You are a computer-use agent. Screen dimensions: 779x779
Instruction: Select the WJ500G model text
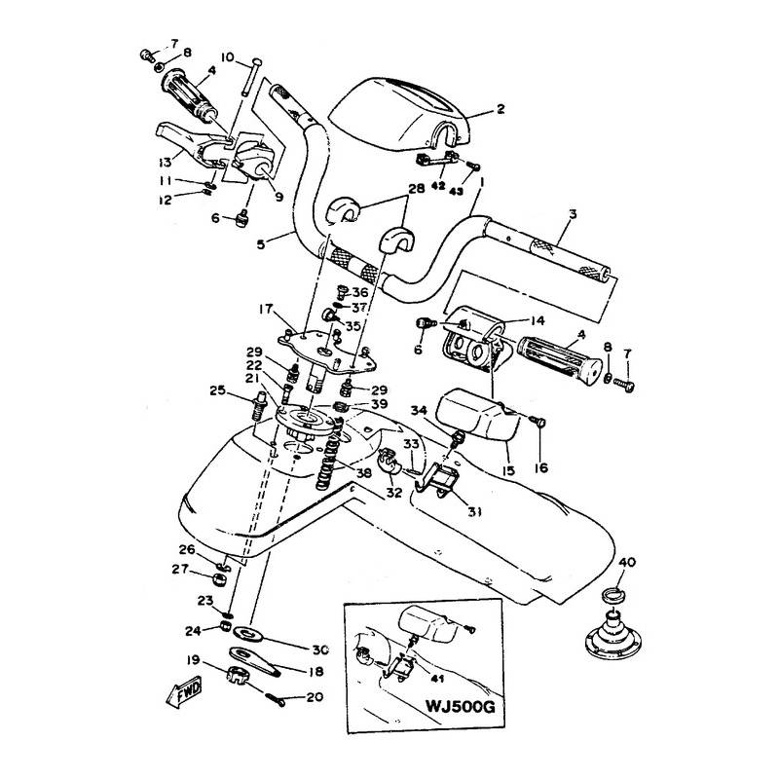click(x=460, y=706)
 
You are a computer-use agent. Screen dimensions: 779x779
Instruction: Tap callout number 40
click(x=627, y=563)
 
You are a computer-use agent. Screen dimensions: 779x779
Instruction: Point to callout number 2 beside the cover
click(x=501, y=108)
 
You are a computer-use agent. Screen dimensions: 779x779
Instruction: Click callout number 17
click(x=266, y=309)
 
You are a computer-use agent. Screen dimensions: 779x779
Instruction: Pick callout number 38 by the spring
click(x=363, y=473)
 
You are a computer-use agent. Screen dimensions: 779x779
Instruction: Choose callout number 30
click(x=320, y=649)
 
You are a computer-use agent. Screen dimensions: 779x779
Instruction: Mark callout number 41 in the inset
click(x=437, y=679)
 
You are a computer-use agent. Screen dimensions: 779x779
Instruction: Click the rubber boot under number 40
click(x=614, y=633)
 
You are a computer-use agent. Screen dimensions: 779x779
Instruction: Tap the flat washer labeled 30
click(x=247, y=632)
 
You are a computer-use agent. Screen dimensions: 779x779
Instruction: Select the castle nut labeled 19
click(x=238, y=675)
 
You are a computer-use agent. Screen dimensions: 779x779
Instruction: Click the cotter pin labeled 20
click(x=275, y=698)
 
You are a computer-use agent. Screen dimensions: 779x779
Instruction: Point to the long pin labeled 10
click(x=250, y=77)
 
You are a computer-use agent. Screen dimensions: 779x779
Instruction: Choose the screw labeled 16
click(x=538, y=423)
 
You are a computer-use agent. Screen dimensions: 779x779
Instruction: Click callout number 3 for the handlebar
click(x=573, y=214)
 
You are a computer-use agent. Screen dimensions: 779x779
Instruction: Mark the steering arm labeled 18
click(x=255, y=661)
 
